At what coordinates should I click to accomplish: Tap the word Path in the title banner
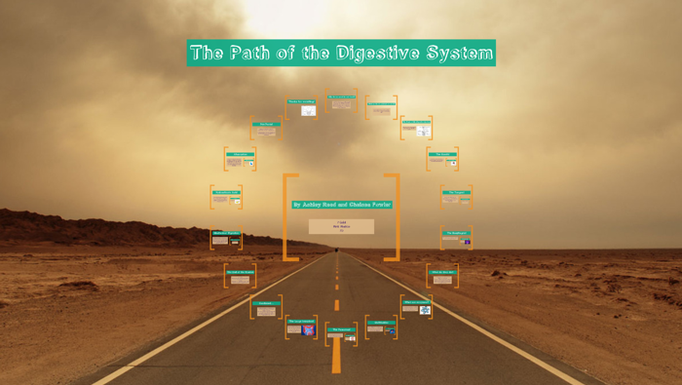pyautogui.click(x=251, y=53)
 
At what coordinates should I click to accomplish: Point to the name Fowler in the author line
pyautogui.click(x=380, y=205)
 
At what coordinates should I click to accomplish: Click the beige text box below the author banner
pyautogui.click(x=341, y=226)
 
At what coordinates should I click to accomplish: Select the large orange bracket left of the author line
pyautogui.click(x=289, y=217)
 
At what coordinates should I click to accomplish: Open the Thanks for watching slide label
pyautogui.click(x=300, y=100)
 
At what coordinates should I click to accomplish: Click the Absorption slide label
pyautogui.click(x=240, y=154)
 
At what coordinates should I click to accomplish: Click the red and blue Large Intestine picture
pyautogui.click(x=309, y=331)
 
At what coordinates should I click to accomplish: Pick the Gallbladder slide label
pyautogui.click(x=381, y=322)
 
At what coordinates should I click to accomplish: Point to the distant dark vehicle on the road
pyautogui.click(x=337, y=252)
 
